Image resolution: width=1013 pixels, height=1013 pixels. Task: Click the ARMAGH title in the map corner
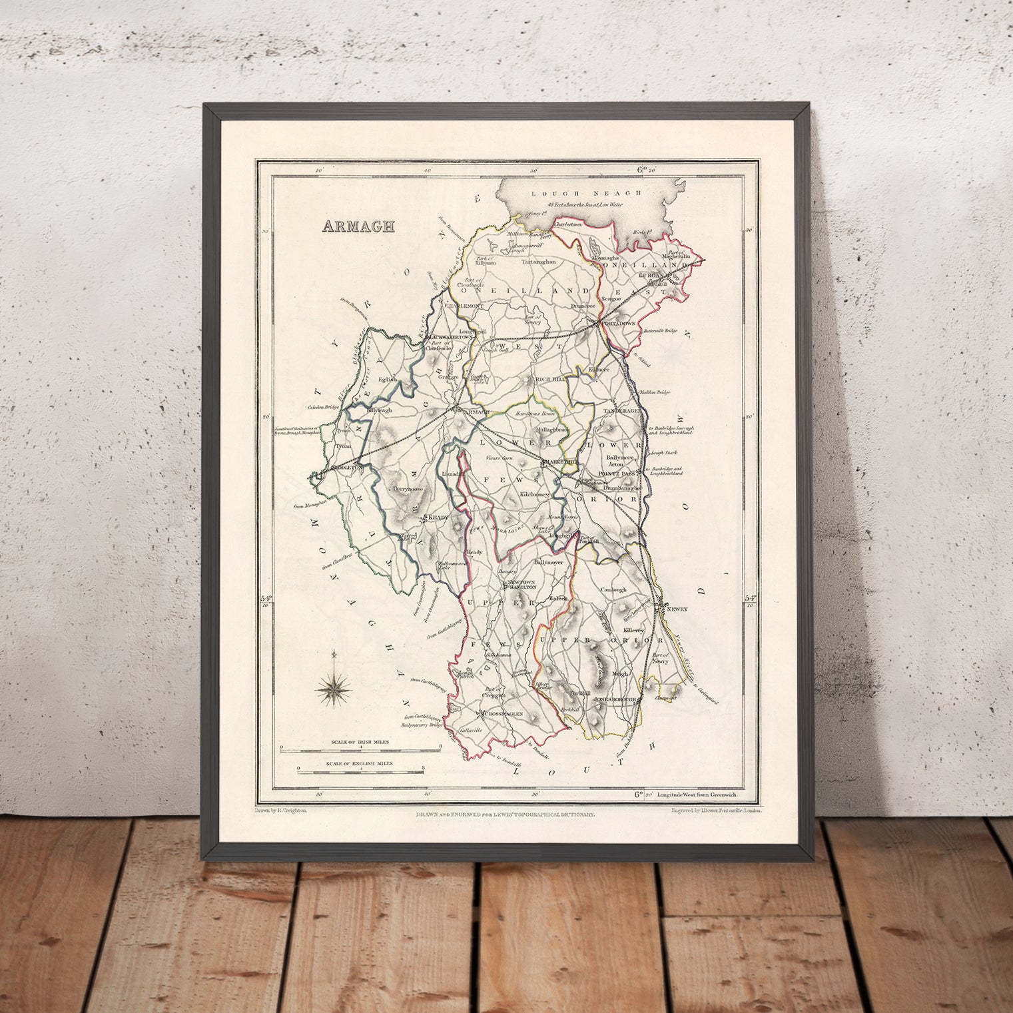click(358, 226)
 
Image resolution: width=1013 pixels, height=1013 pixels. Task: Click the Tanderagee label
click(622, 412)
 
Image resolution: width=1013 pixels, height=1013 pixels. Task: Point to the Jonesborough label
click(617, 700)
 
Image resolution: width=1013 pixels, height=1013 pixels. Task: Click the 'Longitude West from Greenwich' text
click(698, 795)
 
